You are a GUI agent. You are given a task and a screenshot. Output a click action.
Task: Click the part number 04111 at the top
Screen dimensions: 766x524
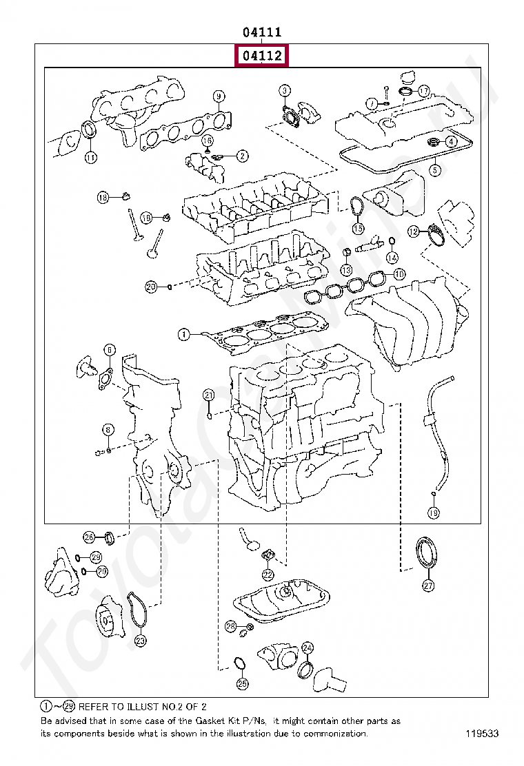click(x=261, y=32)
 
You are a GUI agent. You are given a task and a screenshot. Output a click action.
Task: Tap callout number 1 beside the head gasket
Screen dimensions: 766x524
click(x=183, y=335)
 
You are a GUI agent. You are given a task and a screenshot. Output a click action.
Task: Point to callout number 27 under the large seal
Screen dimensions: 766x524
click(x=428, y=586)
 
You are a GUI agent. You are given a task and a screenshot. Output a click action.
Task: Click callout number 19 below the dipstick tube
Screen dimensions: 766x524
click(x=433, y=513)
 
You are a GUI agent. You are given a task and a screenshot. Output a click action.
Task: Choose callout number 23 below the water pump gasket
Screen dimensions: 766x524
click(x=140, y=641)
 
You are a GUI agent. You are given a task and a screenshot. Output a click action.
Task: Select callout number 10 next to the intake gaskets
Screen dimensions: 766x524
click(x=399, y=274)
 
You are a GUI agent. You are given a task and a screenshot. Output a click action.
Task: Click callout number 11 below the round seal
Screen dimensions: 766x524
click(x=90, y=157)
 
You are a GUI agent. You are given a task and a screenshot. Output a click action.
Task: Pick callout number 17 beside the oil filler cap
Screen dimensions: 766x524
click(x=423, y=90)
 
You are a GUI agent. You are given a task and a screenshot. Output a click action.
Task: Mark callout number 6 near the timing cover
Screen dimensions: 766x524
click(x=109, y=351)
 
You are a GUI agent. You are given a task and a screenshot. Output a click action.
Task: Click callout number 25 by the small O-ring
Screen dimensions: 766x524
click(x=242, y=683)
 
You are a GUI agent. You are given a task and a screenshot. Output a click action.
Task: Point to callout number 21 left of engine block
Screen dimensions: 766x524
click(x=209, y=395)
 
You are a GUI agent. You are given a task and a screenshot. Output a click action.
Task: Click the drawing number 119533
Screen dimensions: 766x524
click(x=481, y=734)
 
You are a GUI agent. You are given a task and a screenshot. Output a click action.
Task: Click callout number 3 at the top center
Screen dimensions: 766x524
click(x=285, y=90)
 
